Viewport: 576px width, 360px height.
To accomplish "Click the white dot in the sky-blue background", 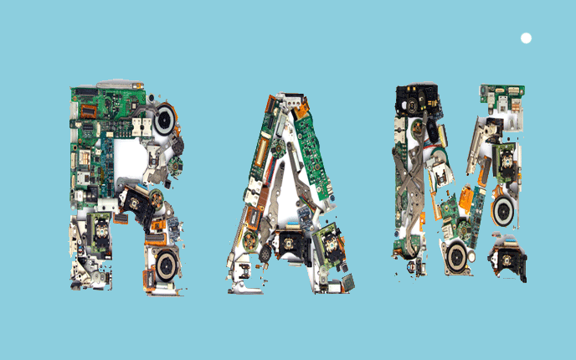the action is point(526,39).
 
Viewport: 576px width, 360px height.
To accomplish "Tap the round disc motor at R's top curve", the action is point(164,120).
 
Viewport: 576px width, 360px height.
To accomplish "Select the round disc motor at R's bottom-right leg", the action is point(167,265).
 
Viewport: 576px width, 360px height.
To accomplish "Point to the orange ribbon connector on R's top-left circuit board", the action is point(88,111).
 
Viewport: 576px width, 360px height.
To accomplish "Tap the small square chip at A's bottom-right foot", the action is point(348,281).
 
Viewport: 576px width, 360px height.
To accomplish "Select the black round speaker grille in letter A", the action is point(265,254).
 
